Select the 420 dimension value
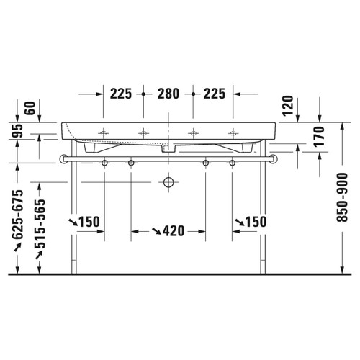[173, 231]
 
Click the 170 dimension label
[320, 138]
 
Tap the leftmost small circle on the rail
[106, 163]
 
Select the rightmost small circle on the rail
[233, 163]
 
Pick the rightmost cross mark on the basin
[233, 132]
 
